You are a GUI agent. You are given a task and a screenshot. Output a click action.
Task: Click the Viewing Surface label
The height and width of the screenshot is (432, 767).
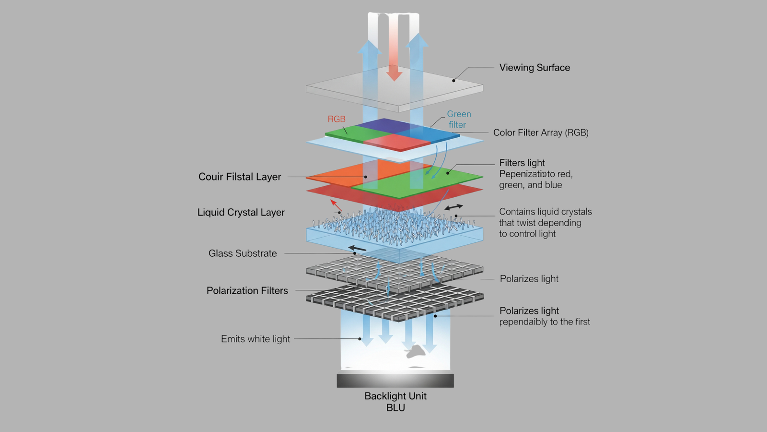pos(535,68)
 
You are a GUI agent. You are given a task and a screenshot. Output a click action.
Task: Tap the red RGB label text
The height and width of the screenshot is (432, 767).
pos(337,119)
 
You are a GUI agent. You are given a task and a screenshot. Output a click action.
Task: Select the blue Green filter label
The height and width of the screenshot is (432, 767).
pos(459,120)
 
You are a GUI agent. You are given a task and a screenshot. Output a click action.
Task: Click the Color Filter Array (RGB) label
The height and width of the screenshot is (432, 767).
pos(541,132)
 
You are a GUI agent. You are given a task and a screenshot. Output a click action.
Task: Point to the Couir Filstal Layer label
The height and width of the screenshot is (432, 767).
pos(240,177)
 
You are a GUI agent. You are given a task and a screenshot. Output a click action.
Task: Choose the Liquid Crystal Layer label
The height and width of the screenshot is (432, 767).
pos(241,212)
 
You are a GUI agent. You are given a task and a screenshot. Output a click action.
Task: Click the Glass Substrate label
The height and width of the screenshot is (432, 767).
pos(243,253)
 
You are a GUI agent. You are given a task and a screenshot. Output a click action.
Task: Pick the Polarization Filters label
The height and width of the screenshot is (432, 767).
pos(247,290)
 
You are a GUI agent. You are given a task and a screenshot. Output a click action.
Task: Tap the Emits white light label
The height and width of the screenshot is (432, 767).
pos(256,339)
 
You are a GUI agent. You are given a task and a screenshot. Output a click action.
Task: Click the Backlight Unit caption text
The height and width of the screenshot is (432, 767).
pos(395,396)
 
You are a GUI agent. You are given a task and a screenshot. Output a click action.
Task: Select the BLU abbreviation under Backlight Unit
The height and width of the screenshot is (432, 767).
pos(396,408)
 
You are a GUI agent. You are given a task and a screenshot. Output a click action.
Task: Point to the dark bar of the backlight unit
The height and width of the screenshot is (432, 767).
pos(395,381)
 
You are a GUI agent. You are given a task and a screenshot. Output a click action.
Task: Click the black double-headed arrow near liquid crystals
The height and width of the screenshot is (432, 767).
pos(453,207)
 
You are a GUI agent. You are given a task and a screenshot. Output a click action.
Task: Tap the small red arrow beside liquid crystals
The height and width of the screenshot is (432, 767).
pos(336,206)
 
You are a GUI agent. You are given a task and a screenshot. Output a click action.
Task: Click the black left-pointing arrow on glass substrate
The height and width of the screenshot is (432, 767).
pos(358,249)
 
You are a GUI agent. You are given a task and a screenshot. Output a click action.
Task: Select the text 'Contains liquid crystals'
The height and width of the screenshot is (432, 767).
pos(546,212)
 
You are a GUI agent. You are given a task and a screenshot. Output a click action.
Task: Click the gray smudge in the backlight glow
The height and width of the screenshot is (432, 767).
pos(416,352)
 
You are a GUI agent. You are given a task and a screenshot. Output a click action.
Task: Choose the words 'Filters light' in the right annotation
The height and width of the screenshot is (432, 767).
pos(522,163)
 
